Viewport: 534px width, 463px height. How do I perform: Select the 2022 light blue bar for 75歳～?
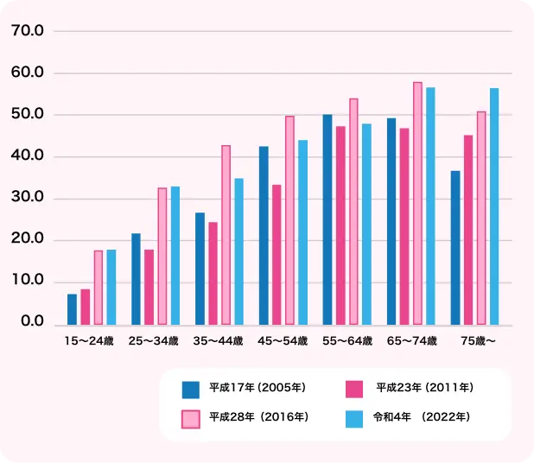494,206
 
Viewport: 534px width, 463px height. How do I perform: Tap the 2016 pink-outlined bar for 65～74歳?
417,204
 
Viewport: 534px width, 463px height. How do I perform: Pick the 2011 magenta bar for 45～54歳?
277,255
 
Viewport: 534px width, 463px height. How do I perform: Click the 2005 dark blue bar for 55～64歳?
327,219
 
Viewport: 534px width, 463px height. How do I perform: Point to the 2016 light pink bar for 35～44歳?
226,235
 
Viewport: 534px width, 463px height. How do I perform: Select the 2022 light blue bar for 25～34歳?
175,256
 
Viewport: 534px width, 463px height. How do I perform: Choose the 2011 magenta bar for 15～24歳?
85,307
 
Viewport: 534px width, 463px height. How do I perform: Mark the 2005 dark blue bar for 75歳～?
455,248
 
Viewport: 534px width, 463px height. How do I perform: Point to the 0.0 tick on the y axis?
32,323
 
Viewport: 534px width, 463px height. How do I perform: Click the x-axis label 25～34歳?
153,341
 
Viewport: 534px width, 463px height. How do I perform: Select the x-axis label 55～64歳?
346,341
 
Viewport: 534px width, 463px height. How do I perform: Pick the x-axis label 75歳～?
478,341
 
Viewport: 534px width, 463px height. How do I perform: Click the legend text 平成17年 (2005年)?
257,388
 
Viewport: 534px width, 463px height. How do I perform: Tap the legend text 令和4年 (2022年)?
421,417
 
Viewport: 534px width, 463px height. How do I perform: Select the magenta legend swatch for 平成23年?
353,389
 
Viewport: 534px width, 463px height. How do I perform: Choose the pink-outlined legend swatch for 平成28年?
191,418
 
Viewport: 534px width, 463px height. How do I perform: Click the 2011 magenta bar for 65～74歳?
404,226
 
